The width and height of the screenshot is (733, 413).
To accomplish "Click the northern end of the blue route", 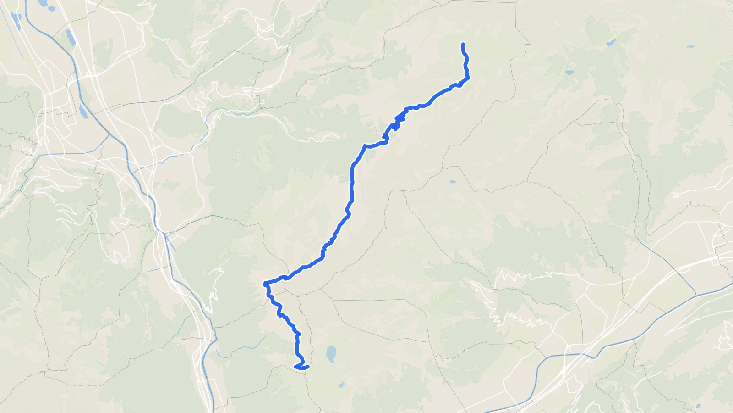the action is click(x=463, y=44).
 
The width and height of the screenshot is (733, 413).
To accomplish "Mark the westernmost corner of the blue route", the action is click(x=265, y=284).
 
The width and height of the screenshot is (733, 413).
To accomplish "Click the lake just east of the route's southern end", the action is click(x=331, y=353).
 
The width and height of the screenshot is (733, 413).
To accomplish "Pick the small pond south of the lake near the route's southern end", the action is click(x=341, y=385).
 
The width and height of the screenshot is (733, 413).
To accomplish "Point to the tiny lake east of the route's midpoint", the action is click(x=453, y=182).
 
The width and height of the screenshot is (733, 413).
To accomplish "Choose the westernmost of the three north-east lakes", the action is click(x=569, y=72).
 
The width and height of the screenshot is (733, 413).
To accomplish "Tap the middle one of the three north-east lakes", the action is click(x=611, y=43).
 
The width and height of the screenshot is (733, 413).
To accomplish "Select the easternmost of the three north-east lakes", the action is click(x=689, y=46).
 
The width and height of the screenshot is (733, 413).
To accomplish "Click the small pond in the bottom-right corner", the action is click(x=698, y=406).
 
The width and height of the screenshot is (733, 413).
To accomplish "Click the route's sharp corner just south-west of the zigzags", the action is click(x=364, y=146).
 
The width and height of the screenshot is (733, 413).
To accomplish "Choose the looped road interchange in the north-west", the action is click(x=90, y=74).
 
